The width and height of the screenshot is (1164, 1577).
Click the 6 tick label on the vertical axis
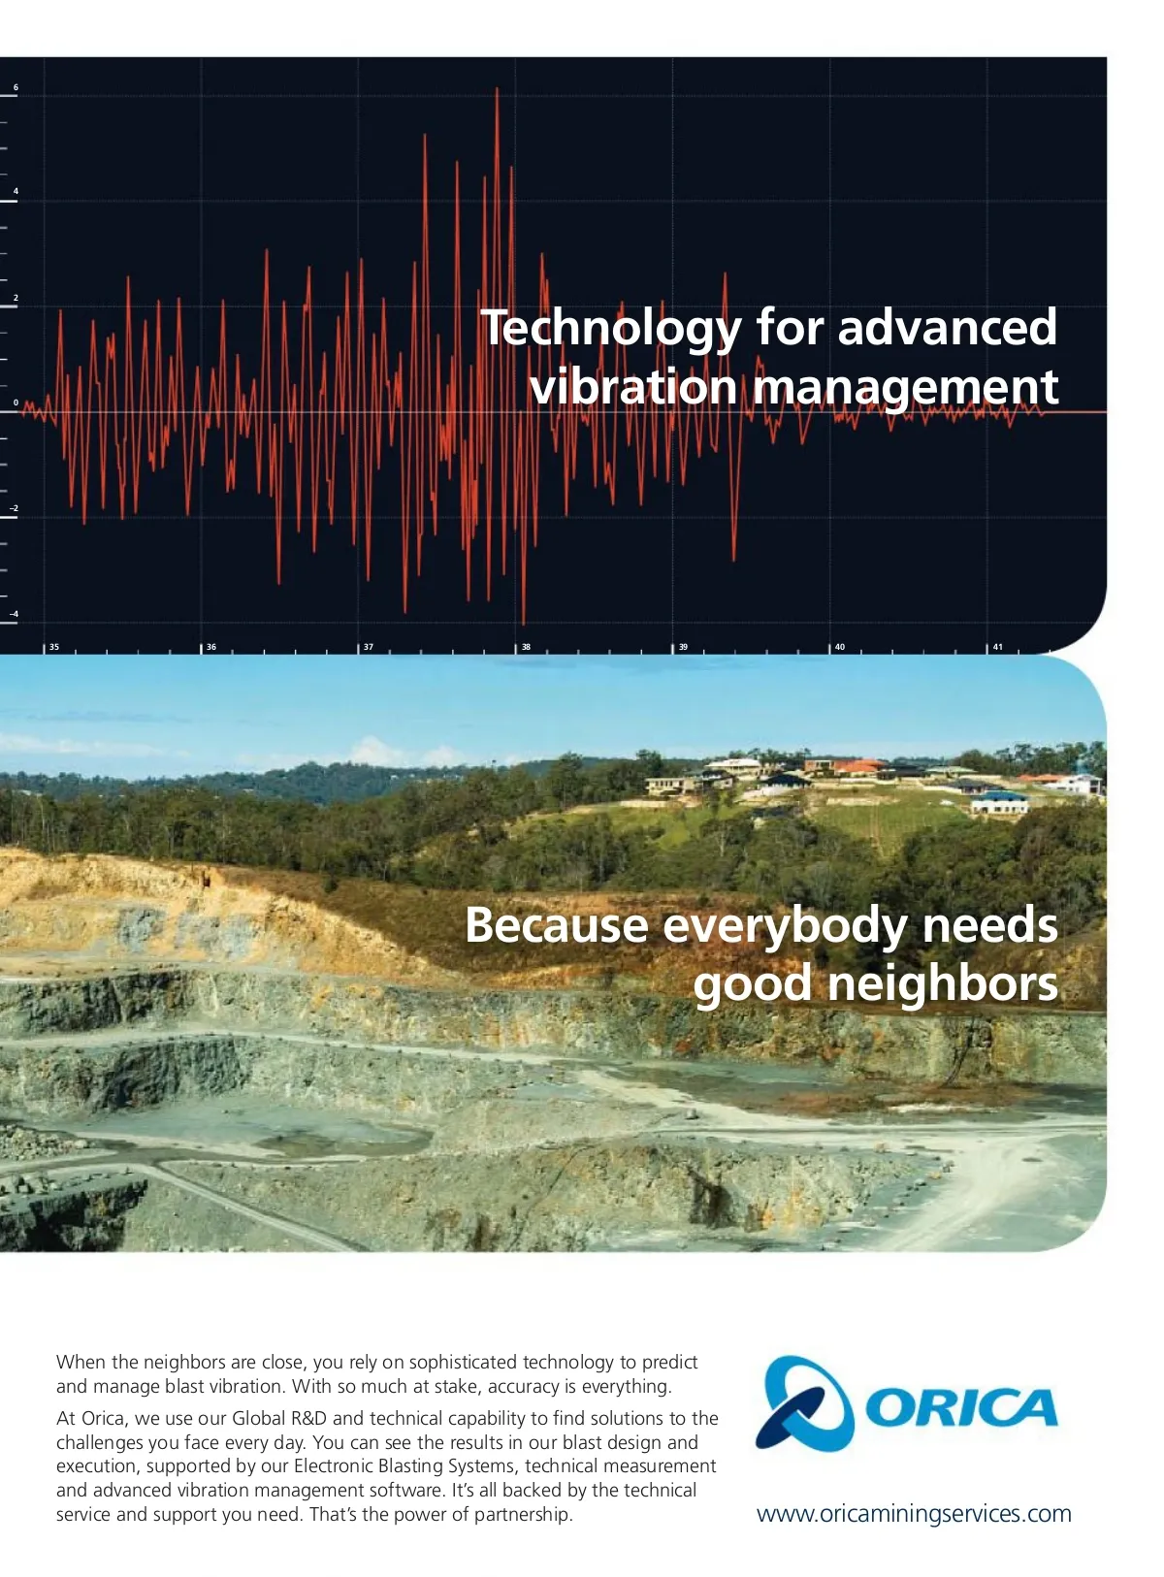[x=16, y=87]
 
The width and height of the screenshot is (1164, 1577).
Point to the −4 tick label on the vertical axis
[x=15, y=614]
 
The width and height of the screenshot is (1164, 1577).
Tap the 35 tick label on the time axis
[x=54, y=647]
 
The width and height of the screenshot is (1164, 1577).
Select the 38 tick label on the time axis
[x=526, y=647]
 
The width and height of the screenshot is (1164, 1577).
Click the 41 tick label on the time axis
[x=997, y=647]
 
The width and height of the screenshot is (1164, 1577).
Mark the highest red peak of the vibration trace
[x=497, y=89]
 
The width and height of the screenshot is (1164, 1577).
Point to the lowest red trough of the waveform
[x=524, y=623]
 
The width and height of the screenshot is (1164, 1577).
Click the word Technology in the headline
[x=611, y=329]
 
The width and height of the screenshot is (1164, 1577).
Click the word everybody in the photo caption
[x=785, y=925]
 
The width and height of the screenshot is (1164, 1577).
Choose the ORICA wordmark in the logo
[x=960, y=1407]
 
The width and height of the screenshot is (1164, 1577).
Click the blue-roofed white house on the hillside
[x=999, y=803]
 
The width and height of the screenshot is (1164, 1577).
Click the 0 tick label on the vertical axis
[x=16, y=402]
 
